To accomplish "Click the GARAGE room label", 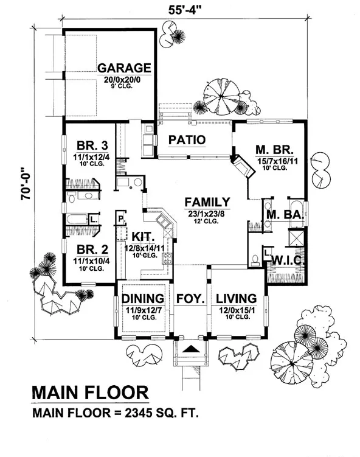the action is [x=124, y=68].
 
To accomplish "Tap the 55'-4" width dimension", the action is [x=185, y=10].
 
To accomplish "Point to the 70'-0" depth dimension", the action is [x=26, y=183].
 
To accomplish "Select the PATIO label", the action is [x=187, y=140].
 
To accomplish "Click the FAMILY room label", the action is [x=207, y=202].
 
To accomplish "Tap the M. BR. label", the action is [x=275, y=150].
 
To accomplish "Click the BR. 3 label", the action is [x=92, y=145].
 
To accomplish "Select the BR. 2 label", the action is [x=92, y=249].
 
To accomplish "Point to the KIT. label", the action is [x=142, y=236].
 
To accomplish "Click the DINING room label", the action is [x=143, y=299].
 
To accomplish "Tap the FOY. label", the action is [x=190, y=299].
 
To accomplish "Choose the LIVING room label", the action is [x=236, y=299].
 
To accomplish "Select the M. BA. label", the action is [x=285, y=215].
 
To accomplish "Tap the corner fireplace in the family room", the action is [x=243, y=166].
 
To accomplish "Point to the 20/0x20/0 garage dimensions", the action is [x=122, y=80].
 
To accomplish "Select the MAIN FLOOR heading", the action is [x=90, y=392].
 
